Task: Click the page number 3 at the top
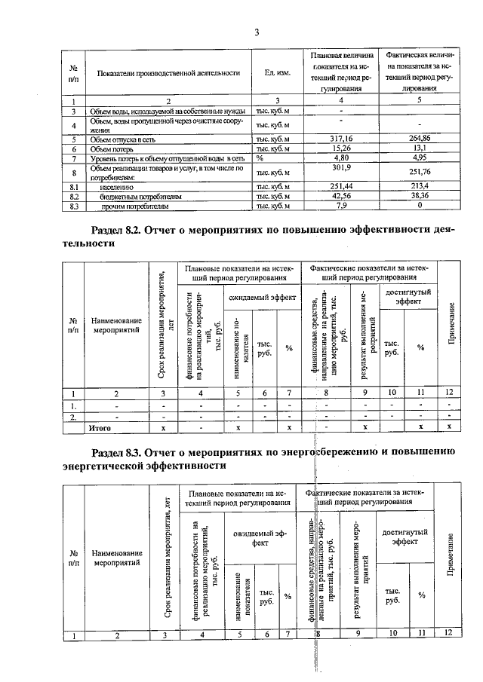pos(256,32)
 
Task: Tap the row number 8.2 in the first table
pos(74,194)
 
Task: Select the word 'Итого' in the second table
pos(100,427)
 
